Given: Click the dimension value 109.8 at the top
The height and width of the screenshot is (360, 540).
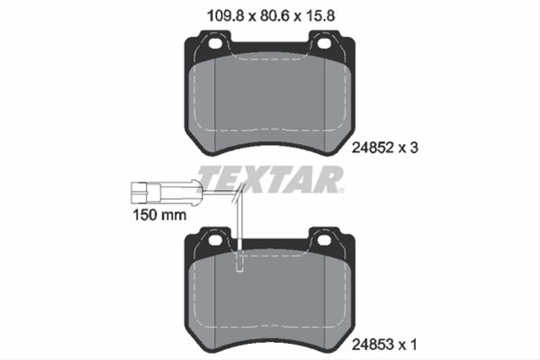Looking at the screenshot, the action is click(225, 16).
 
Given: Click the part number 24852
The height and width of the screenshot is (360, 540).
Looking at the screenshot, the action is click(373, 148).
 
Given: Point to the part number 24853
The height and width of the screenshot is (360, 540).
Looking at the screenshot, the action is click(373, 344).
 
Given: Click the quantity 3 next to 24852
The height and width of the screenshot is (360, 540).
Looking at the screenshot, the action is click(414, 148).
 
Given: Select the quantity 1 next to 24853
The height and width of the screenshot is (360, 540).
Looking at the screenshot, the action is click(413, 344).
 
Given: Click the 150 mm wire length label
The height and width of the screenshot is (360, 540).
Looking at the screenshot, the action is click(160, 215).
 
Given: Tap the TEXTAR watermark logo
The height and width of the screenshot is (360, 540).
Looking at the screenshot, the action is click(270, 179).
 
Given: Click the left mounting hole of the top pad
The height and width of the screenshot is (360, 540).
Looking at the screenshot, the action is click(216, 43).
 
